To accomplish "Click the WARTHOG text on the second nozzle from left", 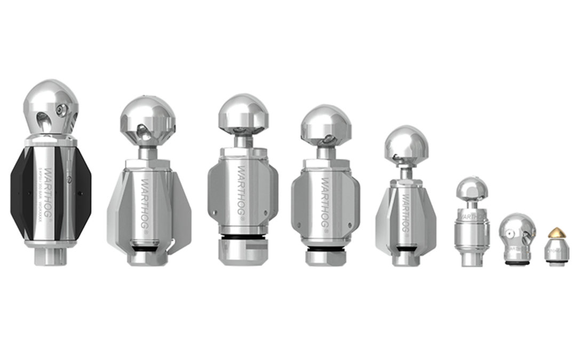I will pyautogui.click(x=145, y=203).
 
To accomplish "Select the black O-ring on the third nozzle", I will pyautogui.click(x=243, y=237).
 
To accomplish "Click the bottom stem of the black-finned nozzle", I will pyautogui.click(x=51, y=257).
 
